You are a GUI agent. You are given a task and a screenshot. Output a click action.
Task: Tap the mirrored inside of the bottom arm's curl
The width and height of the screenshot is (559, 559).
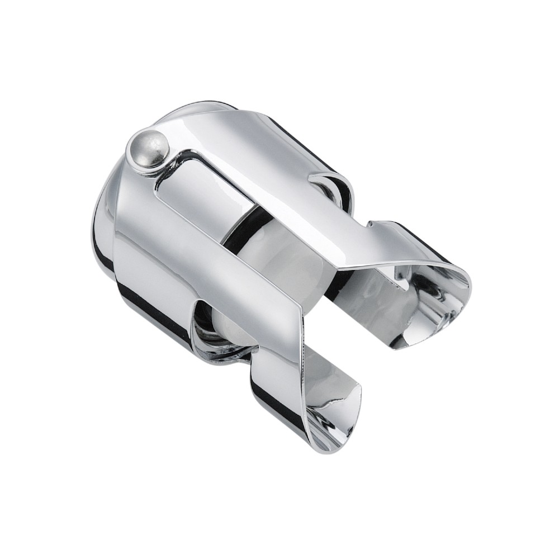pos(330,402)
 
